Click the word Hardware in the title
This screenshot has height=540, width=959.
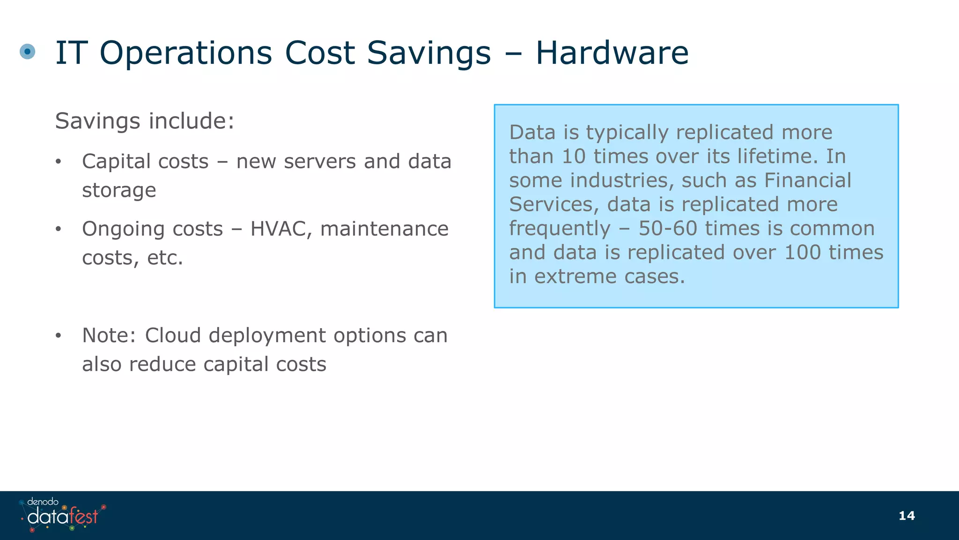click(612, 52)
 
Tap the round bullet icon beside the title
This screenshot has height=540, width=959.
click(28, 52)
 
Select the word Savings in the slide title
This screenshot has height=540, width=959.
click(428, 53)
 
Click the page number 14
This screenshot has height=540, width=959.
click(907, 516)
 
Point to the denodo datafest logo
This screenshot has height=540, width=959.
click(63, 515)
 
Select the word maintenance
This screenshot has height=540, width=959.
click(384, 229)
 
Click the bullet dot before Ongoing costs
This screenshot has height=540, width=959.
click(58, 230)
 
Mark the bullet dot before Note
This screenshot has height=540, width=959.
click(58, 336)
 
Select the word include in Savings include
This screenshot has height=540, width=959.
click(191, 121)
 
